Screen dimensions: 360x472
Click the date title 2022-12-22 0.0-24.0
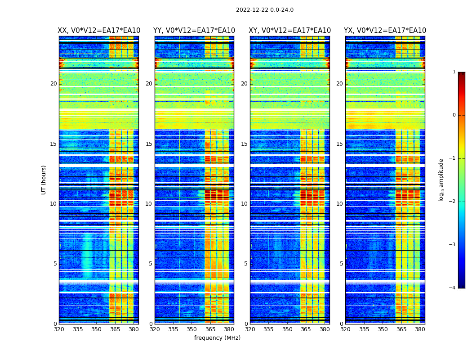(264, 10)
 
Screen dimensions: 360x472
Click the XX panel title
(99, 31)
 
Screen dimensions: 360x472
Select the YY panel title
(194, 31)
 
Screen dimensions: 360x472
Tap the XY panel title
(290, 31)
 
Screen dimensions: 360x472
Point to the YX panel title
(385, 31)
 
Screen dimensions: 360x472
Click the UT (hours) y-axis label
(44, 180)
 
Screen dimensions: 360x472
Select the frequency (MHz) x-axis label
(217, 338)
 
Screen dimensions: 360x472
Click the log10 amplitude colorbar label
(441, 180)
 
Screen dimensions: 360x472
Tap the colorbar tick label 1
(454, 72)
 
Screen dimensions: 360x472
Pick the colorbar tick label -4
(453, 288)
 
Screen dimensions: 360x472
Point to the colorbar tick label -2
(453, 202)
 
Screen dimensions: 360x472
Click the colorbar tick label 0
(454, 115)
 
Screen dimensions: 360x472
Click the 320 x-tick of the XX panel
(59, 329)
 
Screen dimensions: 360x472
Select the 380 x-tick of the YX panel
(420, 329)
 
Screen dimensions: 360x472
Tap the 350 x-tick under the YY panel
(192, 329)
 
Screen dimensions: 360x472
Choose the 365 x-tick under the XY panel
(306, 329)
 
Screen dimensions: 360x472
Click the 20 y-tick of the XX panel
(53, 84)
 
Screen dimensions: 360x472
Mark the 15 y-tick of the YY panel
(149, 144)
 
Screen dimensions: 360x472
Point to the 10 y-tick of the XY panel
(244, 204)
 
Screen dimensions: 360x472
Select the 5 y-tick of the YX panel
(341, 264)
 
